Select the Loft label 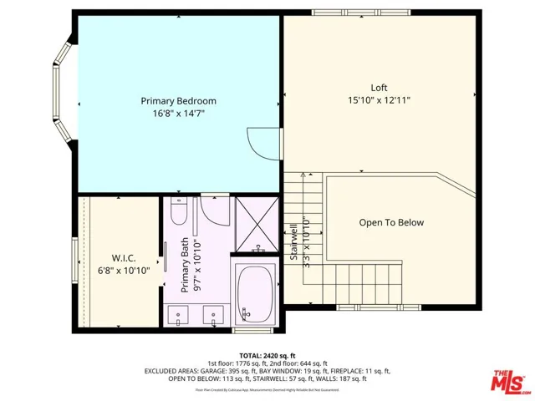pyautogui.click(x=380, y=88)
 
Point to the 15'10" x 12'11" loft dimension pyautogui.click(x=380, y=100)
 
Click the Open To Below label pyautogui.click(x=391, y=223)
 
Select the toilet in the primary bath pyautogui.click(x=216, y=211)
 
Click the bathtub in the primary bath pyautogui.click(x=256, y=294)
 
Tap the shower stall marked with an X pyautogui.click(x=256, y=223)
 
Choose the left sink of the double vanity pyautogui.click(x=181, y=317)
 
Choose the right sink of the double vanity pyautogui.click(x=214, y=317)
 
